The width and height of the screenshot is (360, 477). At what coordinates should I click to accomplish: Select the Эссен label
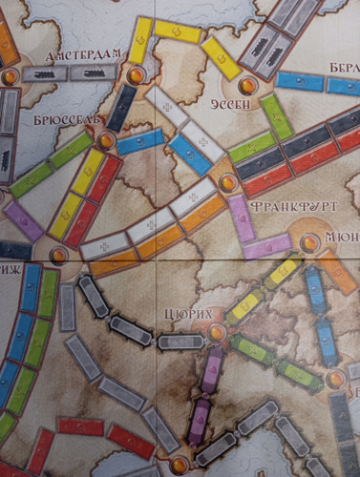tap(246, 105)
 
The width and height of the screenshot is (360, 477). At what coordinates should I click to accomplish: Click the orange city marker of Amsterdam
tap(136, 73)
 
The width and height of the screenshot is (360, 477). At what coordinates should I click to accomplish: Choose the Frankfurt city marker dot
tap(227, 181)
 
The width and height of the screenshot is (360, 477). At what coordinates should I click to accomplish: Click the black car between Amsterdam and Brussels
tap(121, 108)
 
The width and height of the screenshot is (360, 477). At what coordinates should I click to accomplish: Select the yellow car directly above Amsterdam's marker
tap(141, 43)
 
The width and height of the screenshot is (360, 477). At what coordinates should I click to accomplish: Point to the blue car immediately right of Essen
tap(298, 81)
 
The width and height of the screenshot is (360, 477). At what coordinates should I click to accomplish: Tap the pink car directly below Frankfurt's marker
tap(238, 215)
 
